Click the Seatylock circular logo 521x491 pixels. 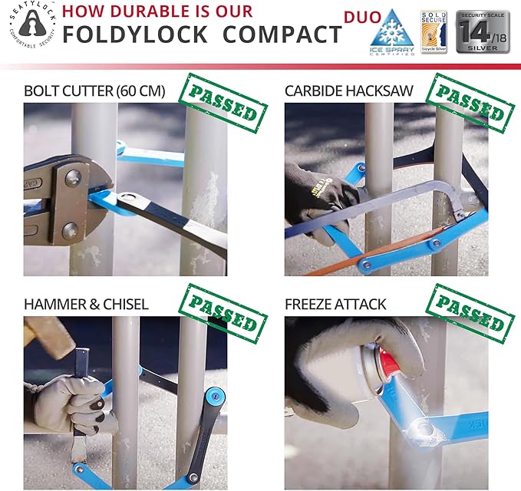30,30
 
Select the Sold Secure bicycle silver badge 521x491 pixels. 434,31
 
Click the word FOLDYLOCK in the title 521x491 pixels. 137,35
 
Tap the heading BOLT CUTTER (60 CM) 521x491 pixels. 94,91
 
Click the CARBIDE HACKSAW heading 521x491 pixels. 349,91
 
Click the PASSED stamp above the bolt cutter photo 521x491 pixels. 222,104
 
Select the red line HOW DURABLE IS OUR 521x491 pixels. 157,12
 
